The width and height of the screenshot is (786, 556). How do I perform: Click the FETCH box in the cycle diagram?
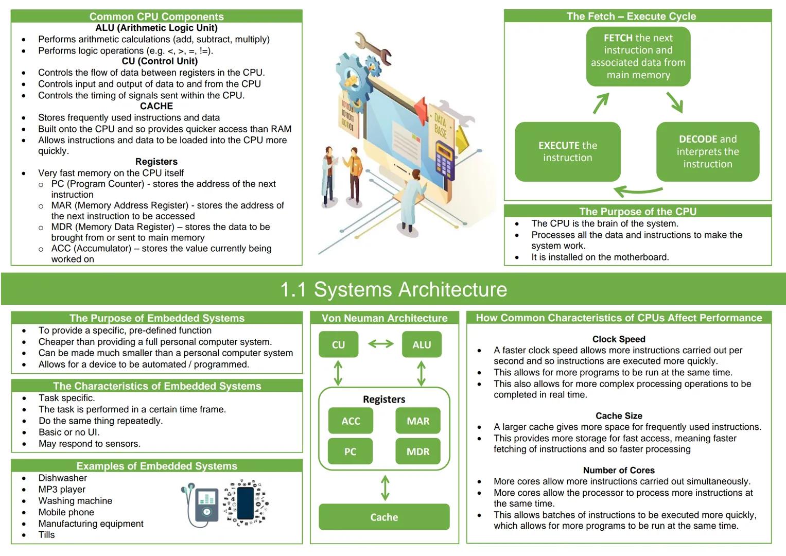(638, 56)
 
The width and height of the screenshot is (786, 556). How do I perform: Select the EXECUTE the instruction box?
(567, 151)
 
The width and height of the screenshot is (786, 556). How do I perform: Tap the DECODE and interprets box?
(707, 151)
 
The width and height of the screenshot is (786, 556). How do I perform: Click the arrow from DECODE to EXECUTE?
(638, 192)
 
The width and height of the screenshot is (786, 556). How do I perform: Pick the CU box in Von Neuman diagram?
(338, 344)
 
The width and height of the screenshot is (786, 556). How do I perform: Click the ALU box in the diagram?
(421, 344)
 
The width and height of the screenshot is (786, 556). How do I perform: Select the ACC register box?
(351, 421)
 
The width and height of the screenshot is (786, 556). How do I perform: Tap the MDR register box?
(417, 451)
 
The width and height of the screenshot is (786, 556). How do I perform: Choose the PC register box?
(350, 451)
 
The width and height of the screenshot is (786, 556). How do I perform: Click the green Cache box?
(384, 517)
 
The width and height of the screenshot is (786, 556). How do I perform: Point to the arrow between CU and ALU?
(380, 344)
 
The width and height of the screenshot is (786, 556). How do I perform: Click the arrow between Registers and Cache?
(385, 488)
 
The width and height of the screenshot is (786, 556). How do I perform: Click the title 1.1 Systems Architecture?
(393, 289)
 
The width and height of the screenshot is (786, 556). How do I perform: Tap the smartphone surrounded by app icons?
(246, 503)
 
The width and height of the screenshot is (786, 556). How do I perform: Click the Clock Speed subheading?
(618, 339)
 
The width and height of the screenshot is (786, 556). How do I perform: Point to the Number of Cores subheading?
(618, 470)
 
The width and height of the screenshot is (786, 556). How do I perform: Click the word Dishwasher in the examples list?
(63, 478)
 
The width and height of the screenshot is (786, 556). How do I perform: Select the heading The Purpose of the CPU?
(637, 212)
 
